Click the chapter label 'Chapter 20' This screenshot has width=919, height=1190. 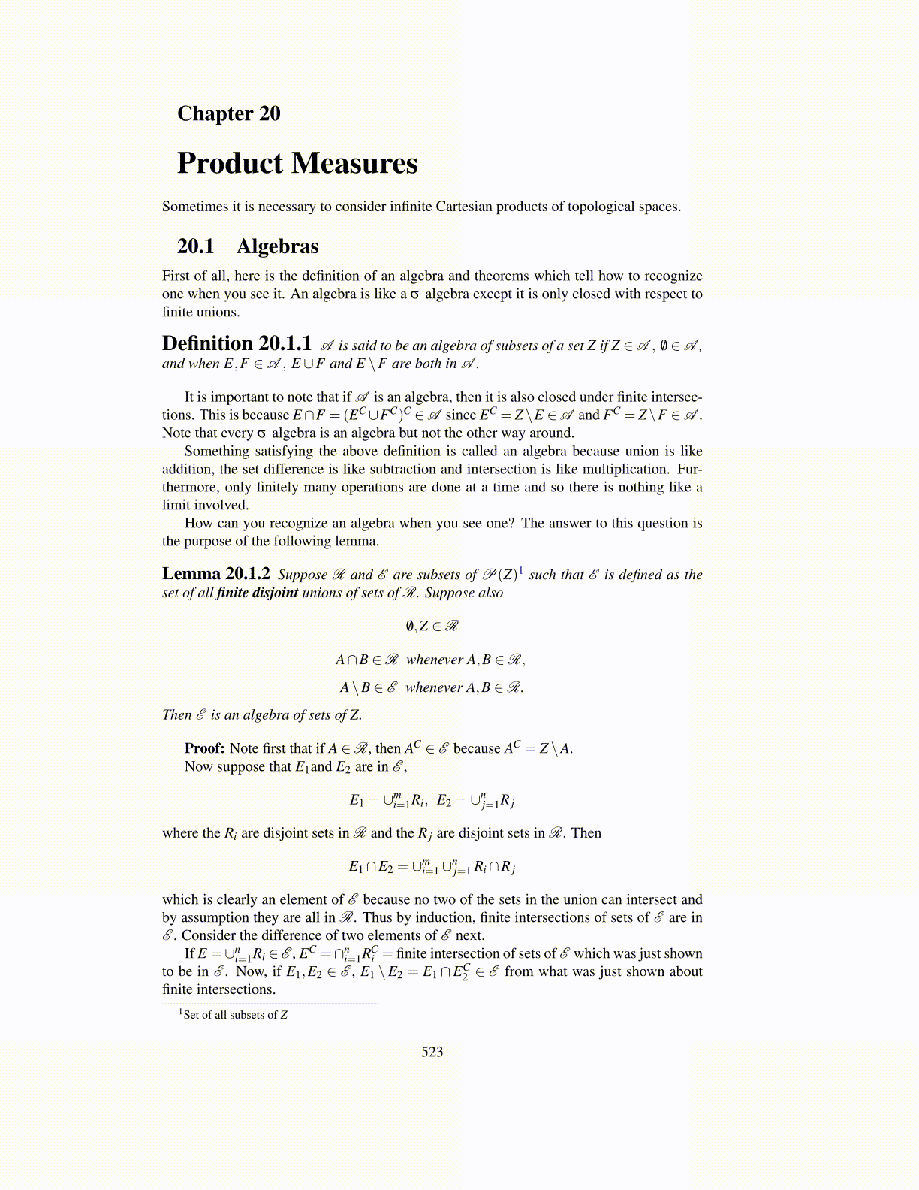pyautogui.click(x=228, y=113)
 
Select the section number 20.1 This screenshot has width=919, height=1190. pyautogui.click(x=195, y=246)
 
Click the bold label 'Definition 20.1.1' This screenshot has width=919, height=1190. pyautogui.click(x=237, y=344)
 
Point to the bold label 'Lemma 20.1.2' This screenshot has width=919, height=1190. pyautogui.click(x=216, y=574)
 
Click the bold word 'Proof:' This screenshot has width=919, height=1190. pyautogui.click(x=204, y=748)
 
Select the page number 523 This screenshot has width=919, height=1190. pyautogui.click(x=432, y=1052)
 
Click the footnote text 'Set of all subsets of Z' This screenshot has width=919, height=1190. pyautogui.click(x=235, y=1015)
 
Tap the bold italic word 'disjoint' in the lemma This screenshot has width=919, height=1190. pyautogui.click(x=275, y=593)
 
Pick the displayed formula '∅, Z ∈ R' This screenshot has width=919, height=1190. pyautogui.click(x=432, y=626)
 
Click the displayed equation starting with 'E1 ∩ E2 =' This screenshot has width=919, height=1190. pyautogui.click(x=432, y=867)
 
